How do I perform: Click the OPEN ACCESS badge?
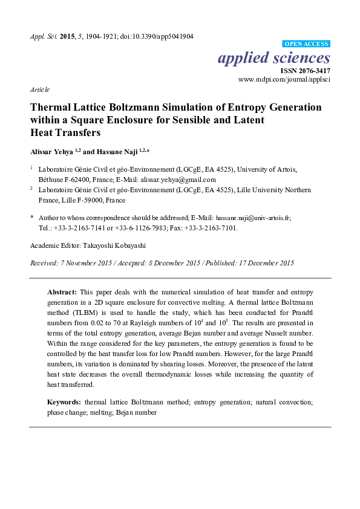click(x=307, y=44)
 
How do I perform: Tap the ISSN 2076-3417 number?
click(x=305, y=71)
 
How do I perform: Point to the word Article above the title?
click(x=39, y=89)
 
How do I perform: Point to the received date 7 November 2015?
click(x=80, y=263)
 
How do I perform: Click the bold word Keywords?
click(x=65, y=402)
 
